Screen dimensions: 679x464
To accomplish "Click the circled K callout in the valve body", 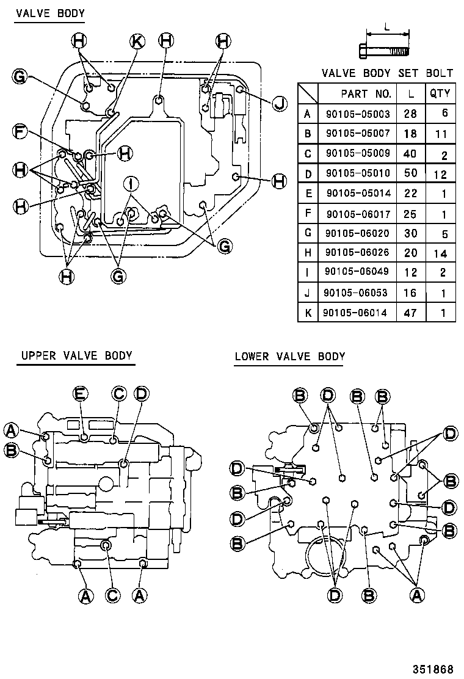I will coord(137,41).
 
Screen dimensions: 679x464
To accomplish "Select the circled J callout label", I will coord(279,103).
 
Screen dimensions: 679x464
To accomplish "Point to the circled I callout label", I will coord(130,182).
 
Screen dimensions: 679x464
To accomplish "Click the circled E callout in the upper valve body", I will coord(81,393).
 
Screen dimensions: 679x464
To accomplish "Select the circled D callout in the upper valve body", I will coord(140,393).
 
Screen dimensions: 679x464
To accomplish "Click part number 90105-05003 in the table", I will coord(357,113).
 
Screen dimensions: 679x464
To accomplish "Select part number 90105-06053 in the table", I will coord(357,293).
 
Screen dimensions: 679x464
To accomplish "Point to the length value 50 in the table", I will coord(410,173).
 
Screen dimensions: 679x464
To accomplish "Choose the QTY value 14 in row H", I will coord(440,253).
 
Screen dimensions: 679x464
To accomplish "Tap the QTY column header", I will coord(440,93).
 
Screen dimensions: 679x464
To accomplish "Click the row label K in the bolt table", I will coord(308,313).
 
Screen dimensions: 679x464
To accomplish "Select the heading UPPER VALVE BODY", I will coord(76,355).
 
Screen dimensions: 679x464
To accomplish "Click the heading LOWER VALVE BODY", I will coord(290,356).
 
